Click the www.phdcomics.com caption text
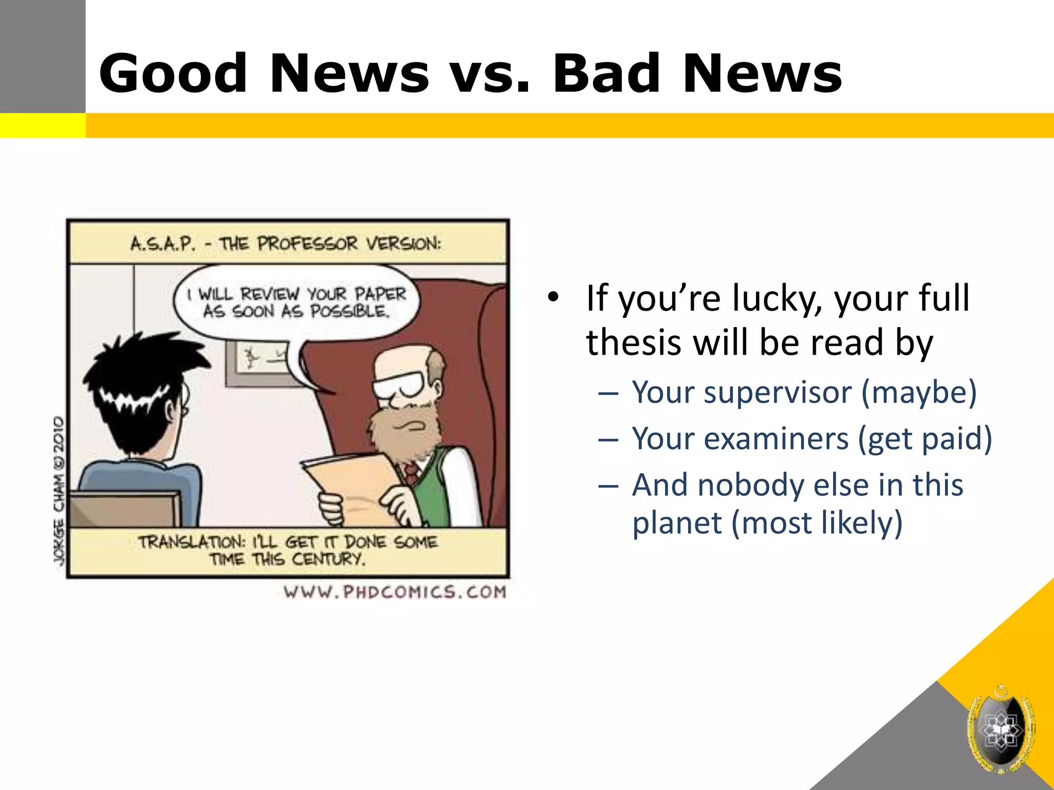[x=395, y=592]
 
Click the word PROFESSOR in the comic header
[x=307, y=244]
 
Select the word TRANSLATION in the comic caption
[x=191, y=542]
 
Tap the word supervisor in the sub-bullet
[x=778, y=393]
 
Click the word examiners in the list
[x=776, y=439]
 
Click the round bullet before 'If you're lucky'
[x=553, y=297]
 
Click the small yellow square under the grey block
[x=42, y=125]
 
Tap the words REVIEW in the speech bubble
[x=270, y=294]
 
